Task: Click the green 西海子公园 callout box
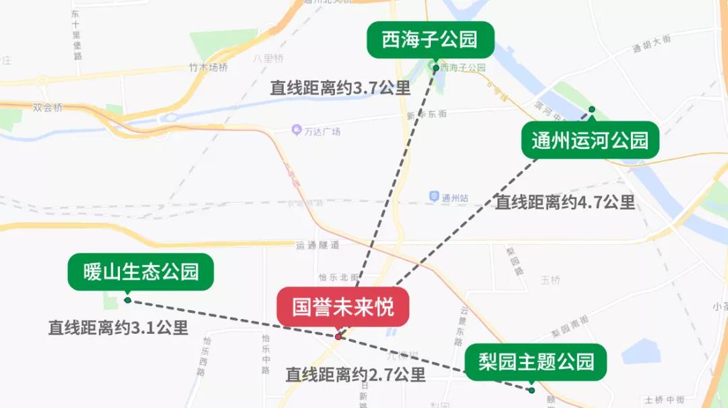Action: pyautogui.click(x=430, y=40)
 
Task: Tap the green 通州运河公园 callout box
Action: pyautogui.click(x=590, y=140)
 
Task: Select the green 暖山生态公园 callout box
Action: pyautogui.click(x=141, y=272)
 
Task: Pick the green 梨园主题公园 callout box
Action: pyautogui.click(x=536, y=362)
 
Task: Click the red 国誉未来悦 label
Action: pyautogui.click(x=343, y=307)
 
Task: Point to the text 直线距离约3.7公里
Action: pyautogui.click(x=340, y=88)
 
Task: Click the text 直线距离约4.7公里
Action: pyautogui.click(x=565, y=202)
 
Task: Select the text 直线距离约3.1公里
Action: pyautogui.click(x=118, y=328)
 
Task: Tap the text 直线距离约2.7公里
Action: pyautogui.click(x=355, y=374)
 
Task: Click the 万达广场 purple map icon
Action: pyautogui.click(x=297, y=130)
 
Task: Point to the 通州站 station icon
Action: pyautogui.click(x=435, y=197)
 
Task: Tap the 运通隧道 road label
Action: pyautogui.click(x=317, y=245)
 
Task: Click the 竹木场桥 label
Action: pyautogui.click(x=208, y=67)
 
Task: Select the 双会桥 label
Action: pyautogui.click(x=48, y=107)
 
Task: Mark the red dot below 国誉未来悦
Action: pyautogui.click(x=338, y=336)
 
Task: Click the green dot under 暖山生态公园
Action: pyautogui.click(x=127, y=300)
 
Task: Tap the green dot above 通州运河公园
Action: pyautogui.click(x=592, y=109)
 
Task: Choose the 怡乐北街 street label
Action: pyautogui.click(x=339, y=277)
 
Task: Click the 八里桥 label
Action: pyautogui.click(x=269, y=59)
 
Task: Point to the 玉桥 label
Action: pyautogui.click(x=550, y=280)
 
